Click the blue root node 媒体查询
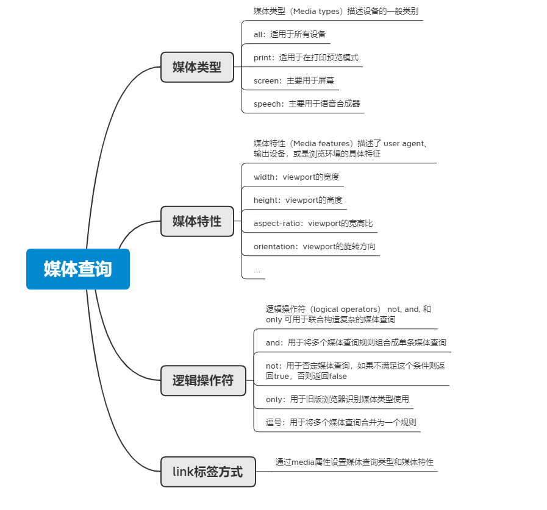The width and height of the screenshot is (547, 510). click(78, 269)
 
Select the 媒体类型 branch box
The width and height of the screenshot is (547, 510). click(197, 67)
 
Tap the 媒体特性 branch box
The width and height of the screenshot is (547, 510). click(197, 221)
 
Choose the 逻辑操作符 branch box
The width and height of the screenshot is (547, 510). click(203, 380)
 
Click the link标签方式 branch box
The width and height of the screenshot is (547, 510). click(208, 472)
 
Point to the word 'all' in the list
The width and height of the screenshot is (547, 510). click(258, 34)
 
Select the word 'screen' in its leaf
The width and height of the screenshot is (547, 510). click(266, 81)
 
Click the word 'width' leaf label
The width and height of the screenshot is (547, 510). click(263, 177)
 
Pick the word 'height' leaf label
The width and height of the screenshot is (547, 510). click(265, 200)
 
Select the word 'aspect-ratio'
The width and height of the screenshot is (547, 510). click(277, 224)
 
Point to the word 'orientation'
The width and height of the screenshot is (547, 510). click(274, 246)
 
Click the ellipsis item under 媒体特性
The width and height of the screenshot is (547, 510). click(257, 271)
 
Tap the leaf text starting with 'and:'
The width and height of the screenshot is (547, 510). click(356, 342)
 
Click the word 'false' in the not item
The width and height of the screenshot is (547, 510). click(338, 377)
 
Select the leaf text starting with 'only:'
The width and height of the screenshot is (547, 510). click(337, 399)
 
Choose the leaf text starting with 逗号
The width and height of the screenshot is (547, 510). click(341, 422)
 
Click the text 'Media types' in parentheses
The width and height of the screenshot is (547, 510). click(316, 12)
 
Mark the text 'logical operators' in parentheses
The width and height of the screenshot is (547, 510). click(345, 310)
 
